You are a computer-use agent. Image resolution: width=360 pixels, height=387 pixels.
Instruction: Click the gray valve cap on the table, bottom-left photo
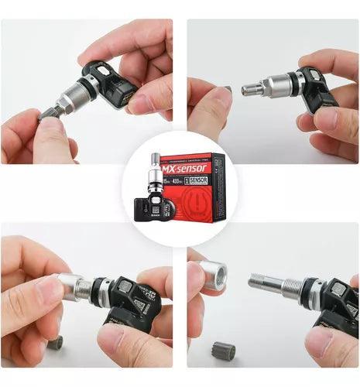pyautogui.click(x=54, y=342)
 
